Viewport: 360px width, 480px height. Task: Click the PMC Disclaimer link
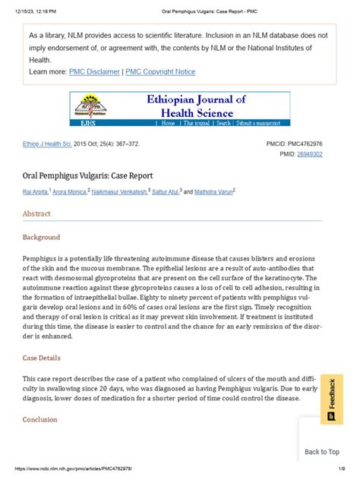click(94, 72)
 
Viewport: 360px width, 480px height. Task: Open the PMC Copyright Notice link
click(160, 72)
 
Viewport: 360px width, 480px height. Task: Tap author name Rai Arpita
click(37, 192)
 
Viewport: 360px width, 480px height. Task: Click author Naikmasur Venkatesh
click(119, 192)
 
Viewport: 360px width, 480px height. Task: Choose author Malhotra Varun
click(213, 192)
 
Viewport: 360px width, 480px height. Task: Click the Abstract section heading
click(37, 214)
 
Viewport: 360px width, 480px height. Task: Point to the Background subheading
click(41, 238)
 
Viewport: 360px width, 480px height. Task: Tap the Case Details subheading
click(42, 358)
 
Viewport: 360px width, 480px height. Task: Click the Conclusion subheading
click(39, 419)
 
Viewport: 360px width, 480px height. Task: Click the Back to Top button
click(322, 452)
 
